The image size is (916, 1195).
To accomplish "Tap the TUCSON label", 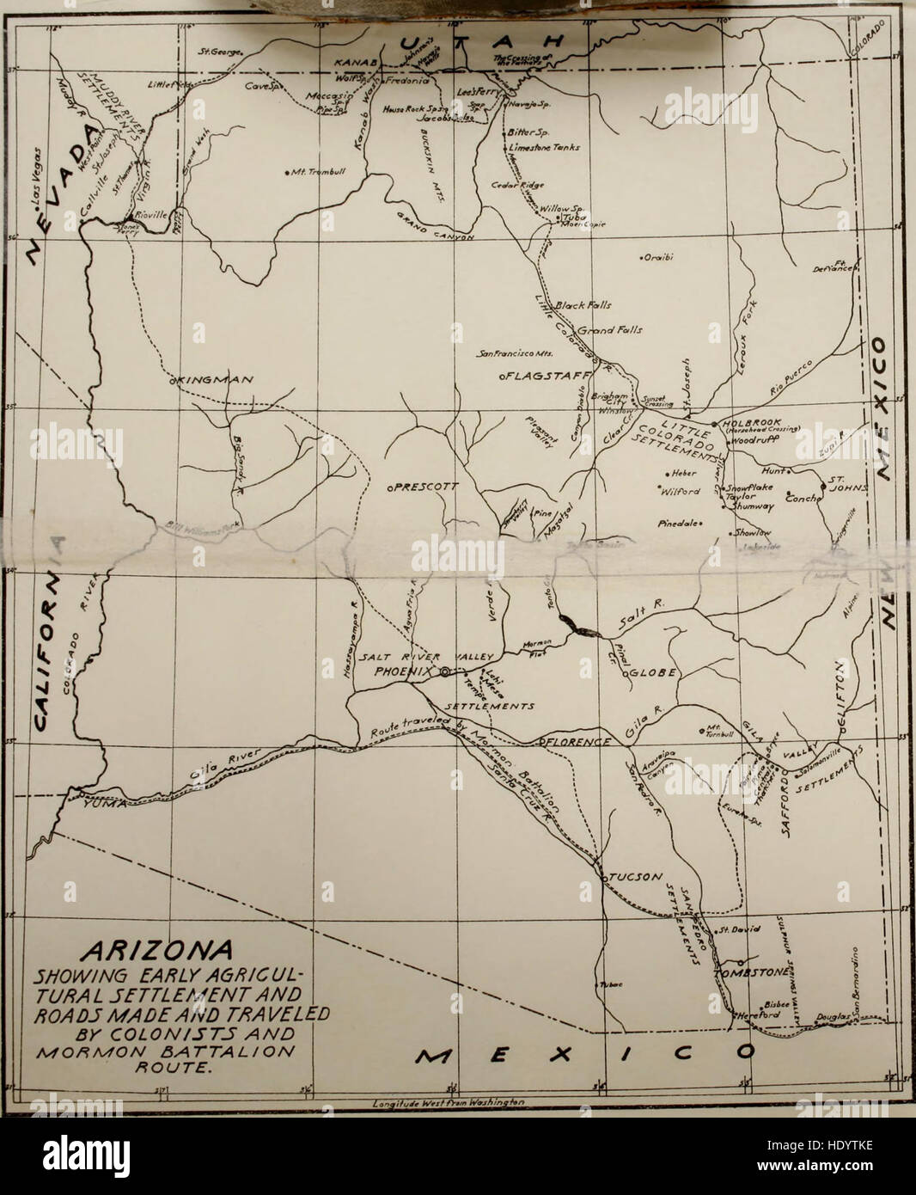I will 636,877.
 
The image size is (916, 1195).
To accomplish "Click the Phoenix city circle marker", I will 444,673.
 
